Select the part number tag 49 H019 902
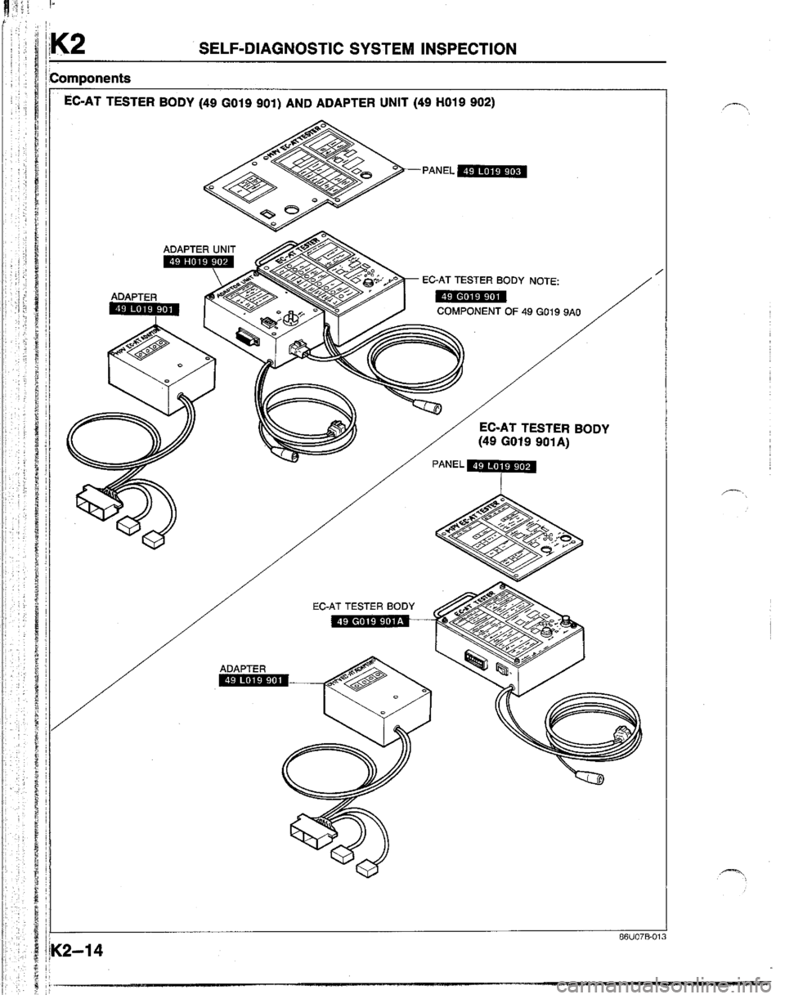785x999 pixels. pyautogui.click(x=198, y=262)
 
